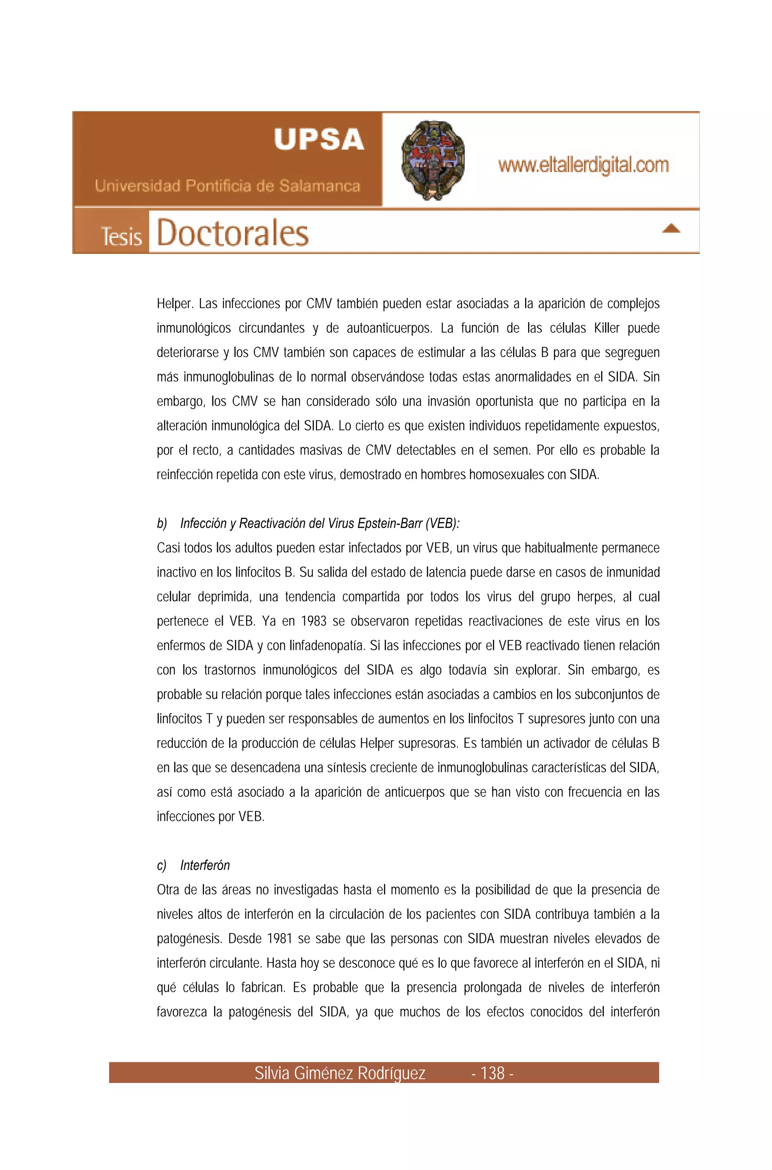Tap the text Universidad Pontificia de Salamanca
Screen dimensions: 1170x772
227,186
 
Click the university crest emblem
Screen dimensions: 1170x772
433,160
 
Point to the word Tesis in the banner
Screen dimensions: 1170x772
121,237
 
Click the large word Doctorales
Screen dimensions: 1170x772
232,233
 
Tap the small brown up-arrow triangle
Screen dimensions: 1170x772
671,228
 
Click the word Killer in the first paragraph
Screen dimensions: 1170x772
607,328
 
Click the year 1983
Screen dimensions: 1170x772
314,622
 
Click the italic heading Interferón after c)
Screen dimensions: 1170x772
205,865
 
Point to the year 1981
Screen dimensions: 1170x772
280,939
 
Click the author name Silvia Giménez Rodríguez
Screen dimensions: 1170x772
340,1073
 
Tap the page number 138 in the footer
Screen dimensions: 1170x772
492,1073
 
